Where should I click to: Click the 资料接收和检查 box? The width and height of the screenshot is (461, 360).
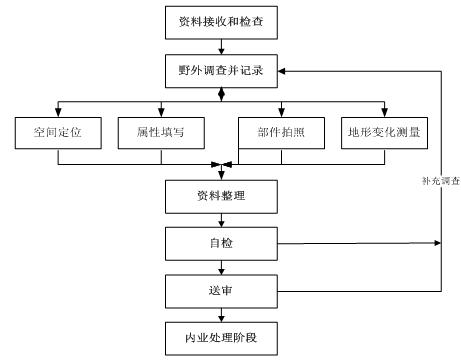[x=223, y=20]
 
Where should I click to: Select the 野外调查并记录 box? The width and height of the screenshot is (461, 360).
[x=223, y=71]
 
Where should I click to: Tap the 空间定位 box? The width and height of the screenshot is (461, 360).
[x=58, y=132]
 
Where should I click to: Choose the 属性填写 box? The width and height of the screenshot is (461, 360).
[x=160, y=132]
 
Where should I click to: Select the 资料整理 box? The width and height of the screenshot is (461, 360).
[x=223, y=195]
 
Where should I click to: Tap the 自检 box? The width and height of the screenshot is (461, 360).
[x=223, y=243]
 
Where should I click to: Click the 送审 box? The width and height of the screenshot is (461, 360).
[x=223, y=291]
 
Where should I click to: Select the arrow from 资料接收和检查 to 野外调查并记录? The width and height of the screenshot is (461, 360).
[x=223, y=46]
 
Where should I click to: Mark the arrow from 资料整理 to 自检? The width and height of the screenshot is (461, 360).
[x=223, y=220]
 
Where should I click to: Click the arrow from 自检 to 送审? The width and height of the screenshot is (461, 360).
[x=223, y=267]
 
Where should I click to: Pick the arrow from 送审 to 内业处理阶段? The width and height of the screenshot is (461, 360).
[x=223, y=314]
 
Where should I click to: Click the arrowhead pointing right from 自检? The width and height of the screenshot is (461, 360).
[x=437, y=243]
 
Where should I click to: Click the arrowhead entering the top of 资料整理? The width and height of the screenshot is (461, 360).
[x=223, y=175]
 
